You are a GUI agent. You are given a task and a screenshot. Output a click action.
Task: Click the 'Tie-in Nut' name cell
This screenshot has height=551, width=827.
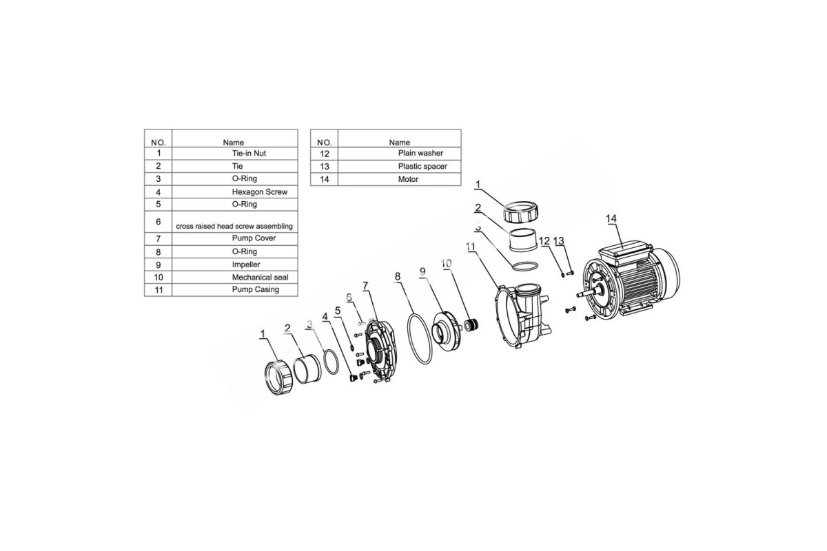click(x=249, y=153)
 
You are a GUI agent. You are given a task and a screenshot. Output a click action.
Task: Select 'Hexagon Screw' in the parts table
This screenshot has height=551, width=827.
click(x=260, y=192)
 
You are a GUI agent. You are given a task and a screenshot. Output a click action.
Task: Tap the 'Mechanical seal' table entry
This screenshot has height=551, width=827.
click(x=261, y=277)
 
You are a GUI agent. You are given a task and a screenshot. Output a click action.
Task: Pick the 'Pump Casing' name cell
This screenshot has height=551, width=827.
click(x=256, y=290)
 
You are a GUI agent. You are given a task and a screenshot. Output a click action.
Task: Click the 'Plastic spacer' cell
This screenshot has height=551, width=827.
click(x=422, y=167)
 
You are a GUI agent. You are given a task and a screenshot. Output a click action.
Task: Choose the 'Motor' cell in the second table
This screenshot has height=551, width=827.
click(x=408, y=179)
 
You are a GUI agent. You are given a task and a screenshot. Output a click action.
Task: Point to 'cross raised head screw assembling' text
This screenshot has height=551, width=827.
click(x=234, y=226)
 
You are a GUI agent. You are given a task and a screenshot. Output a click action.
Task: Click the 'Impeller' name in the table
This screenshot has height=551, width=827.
click(x=246, y=264)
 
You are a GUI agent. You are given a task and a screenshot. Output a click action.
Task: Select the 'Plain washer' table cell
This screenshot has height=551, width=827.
click(x=420, y=153)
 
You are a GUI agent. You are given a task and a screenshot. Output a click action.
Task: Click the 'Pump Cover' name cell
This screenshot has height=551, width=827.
click(x=254, y=238)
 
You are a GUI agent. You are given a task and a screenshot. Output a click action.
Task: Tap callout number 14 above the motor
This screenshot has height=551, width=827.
click(x=611, y=219)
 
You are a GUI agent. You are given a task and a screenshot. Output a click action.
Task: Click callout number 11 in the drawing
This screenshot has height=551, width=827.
click(x=470, y=247)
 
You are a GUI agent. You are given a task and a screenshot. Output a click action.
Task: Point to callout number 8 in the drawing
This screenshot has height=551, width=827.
click(x=397, y=276)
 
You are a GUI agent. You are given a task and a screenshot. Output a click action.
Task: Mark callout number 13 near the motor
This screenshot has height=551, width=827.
click(x=559, y=241)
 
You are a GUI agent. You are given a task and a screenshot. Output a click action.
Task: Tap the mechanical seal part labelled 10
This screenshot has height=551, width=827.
click(x=471, y=325)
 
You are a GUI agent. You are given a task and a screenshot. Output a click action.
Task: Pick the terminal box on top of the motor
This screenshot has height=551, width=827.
click(x=624, y=254)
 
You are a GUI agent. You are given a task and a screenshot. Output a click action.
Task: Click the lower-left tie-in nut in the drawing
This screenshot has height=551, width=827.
click(x=278, y=378)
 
